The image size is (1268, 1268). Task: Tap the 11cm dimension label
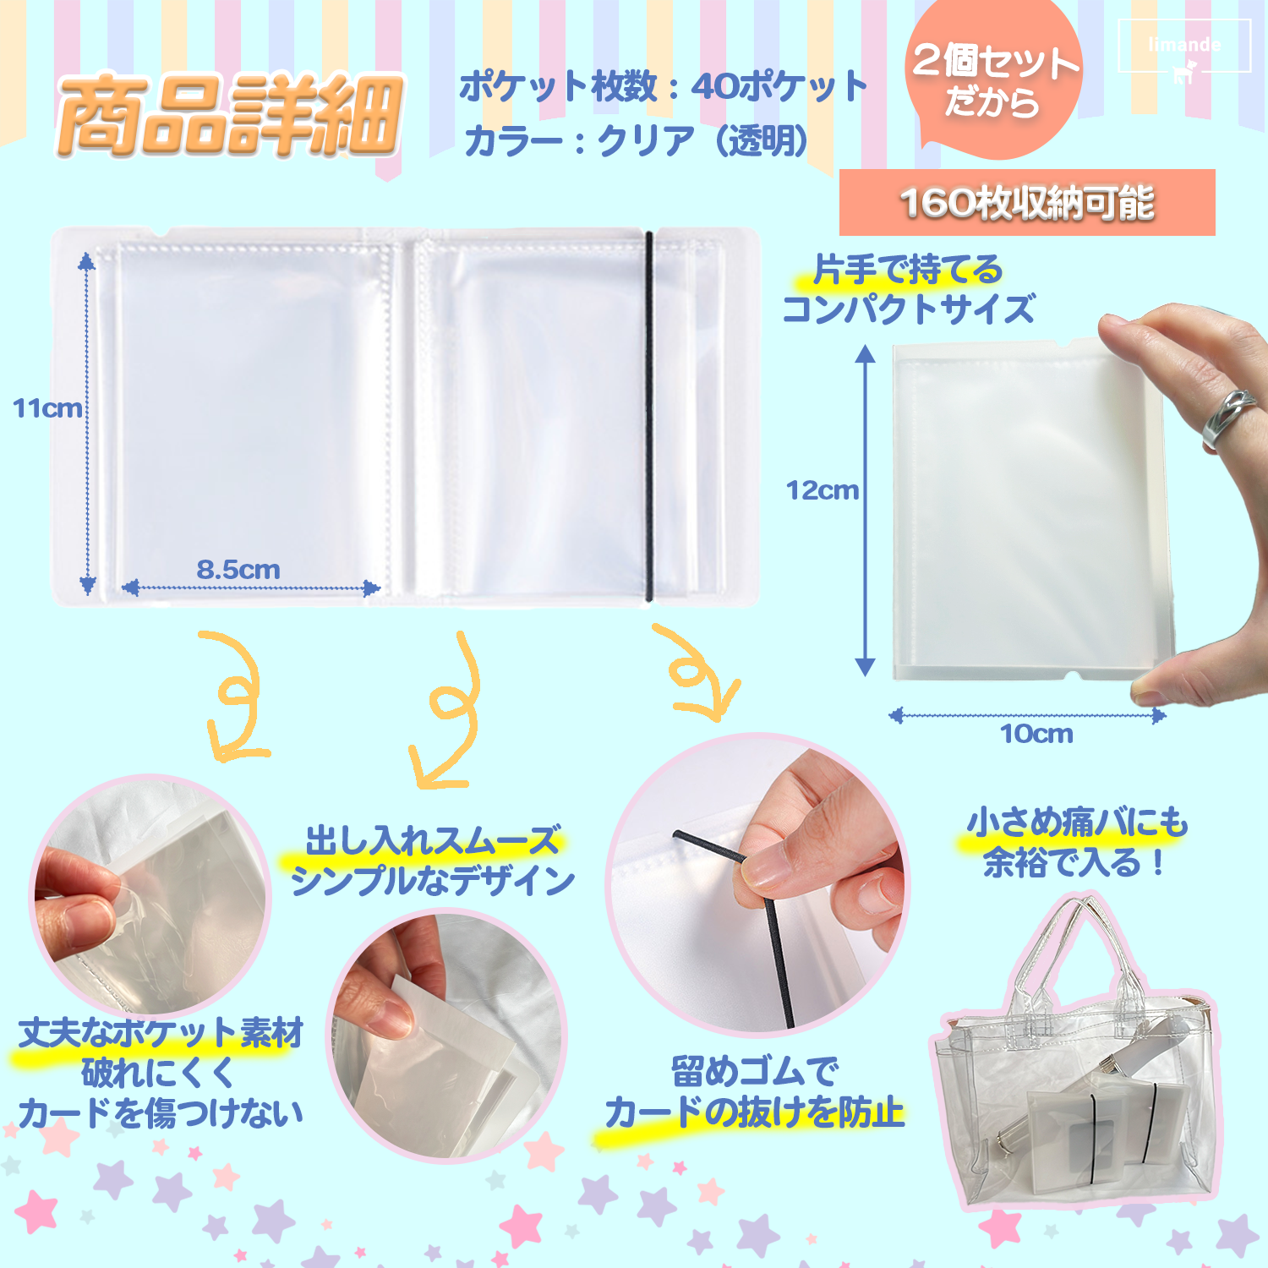[47, 408]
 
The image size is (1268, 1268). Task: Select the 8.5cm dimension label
[238, 570]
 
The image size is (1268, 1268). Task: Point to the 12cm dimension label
[822, 490]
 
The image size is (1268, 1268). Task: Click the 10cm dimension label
[1036, 734]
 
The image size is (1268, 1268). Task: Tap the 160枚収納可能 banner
[1027, 203]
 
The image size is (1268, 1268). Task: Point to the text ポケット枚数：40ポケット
[664, 86]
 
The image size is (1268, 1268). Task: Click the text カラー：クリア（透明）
[636, 140]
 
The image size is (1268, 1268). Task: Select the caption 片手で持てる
[907, 271]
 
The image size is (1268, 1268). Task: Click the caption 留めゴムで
[755, 1072]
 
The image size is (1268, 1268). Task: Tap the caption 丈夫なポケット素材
[161, 1032]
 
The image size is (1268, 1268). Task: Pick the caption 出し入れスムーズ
[432, 841]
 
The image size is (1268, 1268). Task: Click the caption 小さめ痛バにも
[1078, 823]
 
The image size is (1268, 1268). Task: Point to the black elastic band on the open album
[649, 416]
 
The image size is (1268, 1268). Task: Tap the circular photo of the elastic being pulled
[757, 883]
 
